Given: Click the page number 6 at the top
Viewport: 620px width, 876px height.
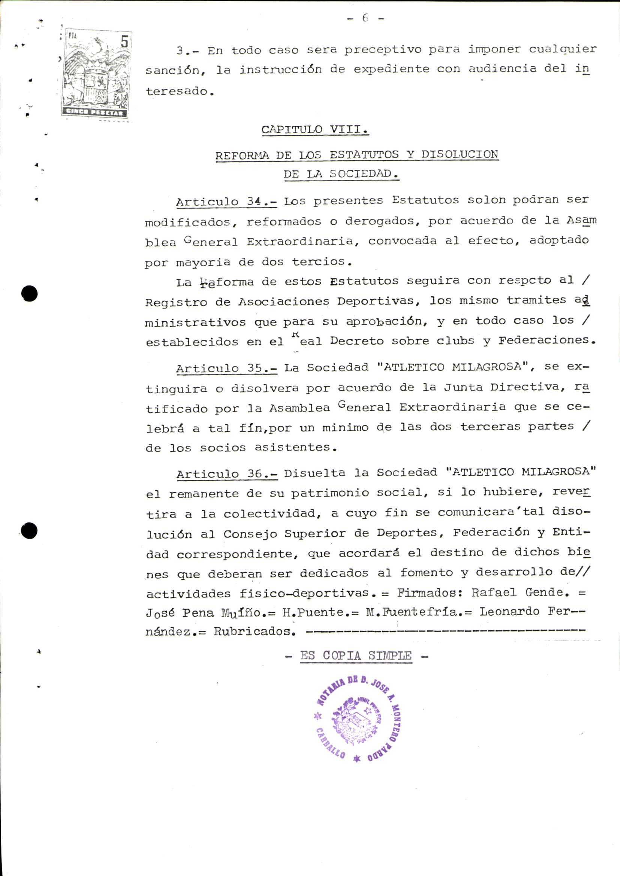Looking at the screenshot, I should point(365,18).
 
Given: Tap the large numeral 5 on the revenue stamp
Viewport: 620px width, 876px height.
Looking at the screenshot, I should point(124,41).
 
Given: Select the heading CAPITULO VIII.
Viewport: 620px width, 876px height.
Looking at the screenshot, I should point(315,130).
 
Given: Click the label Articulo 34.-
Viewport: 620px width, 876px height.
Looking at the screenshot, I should point(226,201).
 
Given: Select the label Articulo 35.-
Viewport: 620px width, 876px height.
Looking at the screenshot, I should point(226,368).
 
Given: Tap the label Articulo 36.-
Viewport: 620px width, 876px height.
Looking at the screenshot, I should point(227,474).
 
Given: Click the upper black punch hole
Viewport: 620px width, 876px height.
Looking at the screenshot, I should point(29,294).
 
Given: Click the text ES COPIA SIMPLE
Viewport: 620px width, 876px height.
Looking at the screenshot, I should point(356,655).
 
